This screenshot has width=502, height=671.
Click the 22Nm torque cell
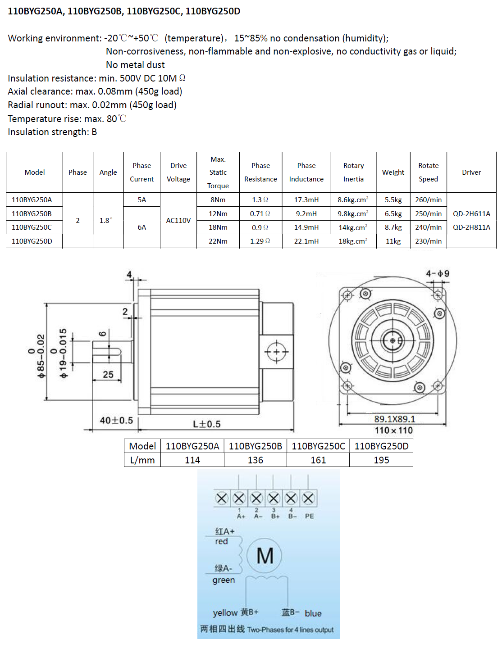tap(218, 241)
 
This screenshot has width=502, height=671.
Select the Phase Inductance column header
tap(306, 172)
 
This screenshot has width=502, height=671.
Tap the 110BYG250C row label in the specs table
tap(32, 227)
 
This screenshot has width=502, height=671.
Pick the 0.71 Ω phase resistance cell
tap(260, 214)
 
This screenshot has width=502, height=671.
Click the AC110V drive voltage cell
tap(178, 221)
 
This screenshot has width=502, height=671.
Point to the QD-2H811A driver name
tap(471, 227)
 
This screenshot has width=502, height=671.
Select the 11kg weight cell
tap(393, 241)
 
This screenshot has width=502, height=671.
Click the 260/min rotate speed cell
tap(428, 200)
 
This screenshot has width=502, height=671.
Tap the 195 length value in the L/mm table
tap(381, 460)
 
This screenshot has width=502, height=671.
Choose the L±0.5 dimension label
tap(207, 424)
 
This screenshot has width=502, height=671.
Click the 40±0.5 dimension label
tap(116, 421)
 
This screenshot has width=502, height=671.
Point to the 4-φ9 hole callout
tap(438, 274)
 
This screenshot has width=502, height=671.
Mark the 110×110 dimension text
tap(393, 431)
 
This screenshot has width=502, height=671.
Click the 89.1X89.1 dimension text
tap(394, 419)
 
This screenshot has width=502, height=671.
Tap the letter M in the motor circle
tap(265, 556)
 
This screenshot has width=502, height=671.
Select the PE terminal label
tap(309, 516)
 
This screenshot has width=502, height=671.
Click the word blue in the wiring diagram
tap(313, 613)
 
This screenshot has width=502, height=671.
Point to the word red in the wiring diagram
tap(221, 541)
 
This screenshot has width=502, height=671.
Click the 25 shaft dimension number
tap(108, 375)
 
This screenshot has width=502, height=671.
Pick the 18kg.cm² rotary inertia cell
tap(353, 241)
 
